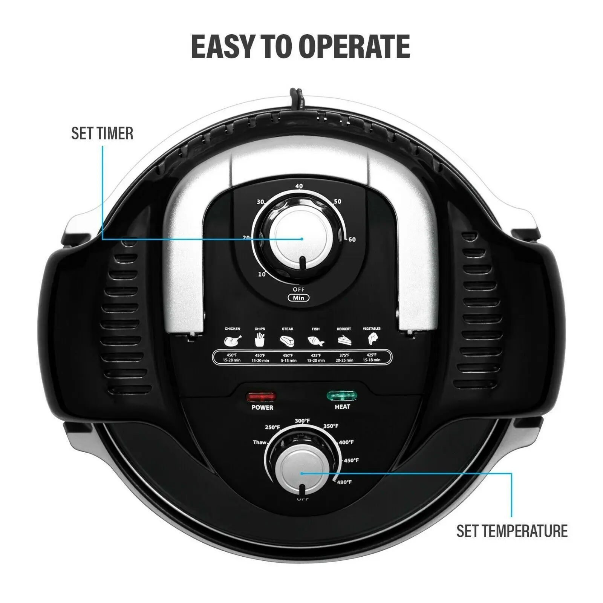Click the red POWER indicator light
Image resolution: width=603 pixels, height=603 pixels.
click(261, 397)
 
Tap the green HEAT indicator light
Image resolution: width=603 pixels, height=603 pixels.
click(342, 396)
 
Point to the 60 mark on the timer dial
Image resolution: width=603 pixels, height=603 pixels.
click(351, 240)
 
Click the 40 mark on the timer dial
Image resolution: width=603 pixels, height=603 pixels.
click(299, 186)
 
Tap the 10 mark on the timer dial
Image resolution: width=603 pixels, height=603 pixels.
click(262, 274)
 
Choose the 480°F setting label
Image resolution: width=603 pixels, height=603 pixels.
click(344, 482)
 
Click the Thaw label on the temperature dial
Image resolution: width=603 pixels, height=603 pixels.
click(259, 442)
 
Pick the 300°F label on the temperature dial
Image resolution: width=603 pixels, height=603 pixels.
click(302, 421)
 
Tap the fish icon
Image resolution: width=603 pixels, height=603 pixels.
click(315, 341)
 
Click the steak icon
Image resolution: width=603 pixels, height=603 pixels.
click(288, 341)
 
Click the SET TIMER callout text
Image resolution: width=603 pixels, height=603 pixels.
click(102, 134)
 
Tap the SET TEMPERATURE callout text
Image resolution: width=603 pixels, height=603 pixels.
click(512, 531)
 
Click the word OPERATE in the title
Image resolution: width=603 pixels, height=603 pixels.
click(354, 47)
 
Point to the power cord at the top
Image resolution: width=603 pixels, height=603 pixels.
click(296, 97)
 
